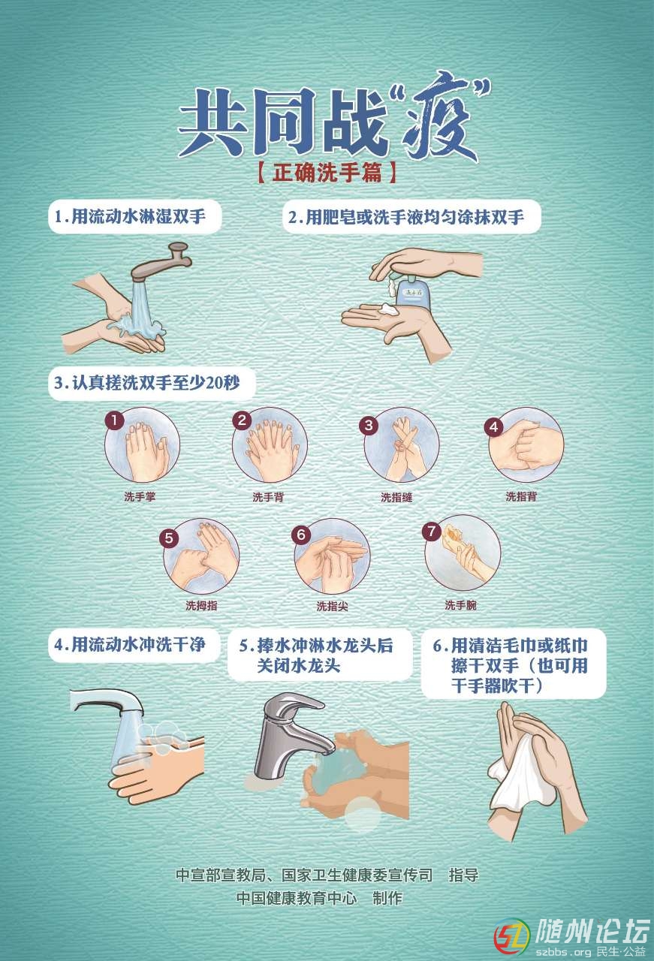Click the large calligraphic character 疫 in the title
coord(440,119)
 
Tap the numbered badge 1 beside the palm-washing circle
coord(115,420)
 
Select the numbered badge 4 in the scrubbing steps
coord(493,427)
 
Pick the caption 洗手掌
coord(140,497)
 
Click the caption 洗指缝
coord(396,497)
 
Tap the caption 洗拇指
coord(201,605)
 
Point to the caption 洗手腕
coord(460,605)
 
